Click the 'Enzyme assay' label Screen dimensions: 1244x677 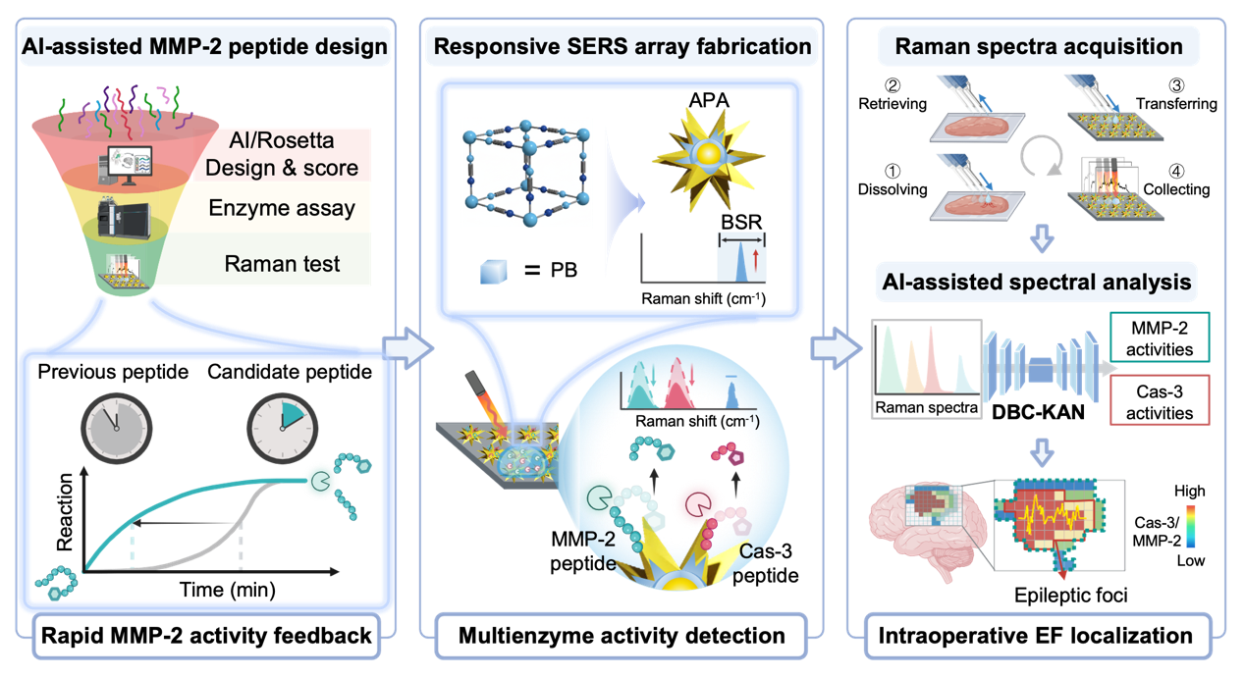point(282,209)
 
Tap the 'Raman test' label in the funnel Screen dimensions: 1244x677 point(282,264)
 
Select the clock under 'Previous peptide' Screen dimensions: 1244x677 point(116,429)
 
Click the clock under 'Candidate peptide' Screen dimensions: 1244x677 point(282,429)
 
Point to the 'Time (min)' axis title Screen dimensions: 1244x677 point(227,590)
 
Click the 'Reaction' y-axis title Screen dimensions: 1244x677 point(65,511)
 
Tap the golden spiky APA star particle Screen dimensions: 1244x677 point(709,158)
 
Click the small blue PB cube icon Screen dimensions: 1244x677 point(493,272)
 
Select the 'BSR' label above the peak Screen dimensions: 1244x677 point(741,222)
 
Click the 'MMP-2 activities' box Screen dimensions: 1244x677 point(1160,338)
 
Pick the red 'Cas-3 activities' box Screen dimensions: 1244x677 point(1160,400)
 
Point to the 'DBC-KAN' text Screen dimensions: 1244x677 point(1038,412)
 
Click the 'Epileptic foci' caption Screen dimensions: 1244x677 point(1071,596)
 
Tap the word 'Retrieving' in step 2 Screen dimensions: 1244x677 point(892,104)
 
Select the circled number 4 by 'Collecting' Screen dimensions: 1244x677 point(1176,171)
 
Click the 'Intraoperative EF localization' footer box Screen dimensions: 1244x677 point(1036,636)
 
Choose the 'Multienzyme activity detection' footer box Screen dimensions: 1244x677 point(622,636)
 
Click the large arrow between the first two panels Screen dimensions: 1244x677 point(408,348)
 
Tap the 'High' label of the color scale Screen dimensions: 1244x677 point(1190,492)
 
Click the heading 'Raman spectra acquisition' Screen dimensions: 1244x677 point(1039,47)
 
